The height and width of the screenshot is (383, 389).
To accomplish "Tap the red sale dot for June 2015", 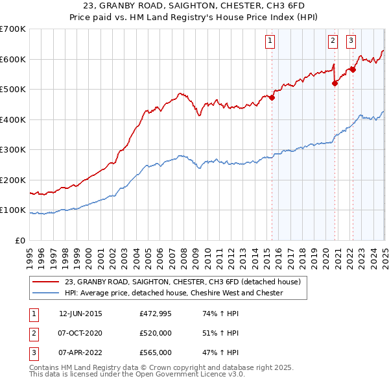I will pos(272,98).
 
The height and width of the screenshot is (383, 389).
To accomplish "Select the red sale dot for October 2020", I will pos(335,83).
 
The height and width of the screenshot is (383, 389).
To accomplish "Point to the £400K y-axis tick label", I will pos(12,119).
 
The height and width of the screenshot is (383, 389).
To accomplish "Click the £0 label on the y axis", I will pos(20,240).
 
